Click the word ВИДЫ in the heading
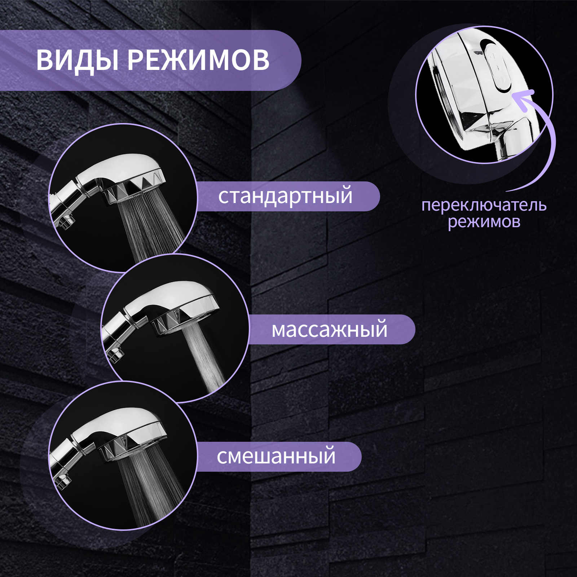pyautogui.click(x=77, y=60)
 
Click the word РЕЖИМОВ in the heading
pyautogui.click(x=198, y=60)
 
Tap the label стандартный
pyautogui.click(x=285, y=197)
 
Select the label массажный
pyautogui.click(x=329, y=330)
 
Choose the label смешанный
pyautogui.click(x=276, y=457)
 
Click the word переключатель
pyautogui.click(x=484, y=206)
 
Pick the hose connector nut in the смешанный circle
pyautogui.click(x=63, y=482)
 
